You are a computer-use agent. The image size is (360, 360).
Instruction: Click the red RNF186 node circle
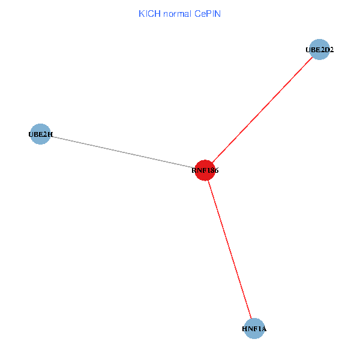point(205,170)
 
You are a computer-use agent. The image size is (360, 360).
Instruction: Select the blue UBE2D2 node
point(319,50)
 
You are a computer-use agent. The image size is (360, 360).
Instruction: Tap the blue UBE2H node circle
point(40,135)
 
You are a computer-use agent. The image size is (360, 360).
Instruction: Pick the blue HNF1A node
point(254,329)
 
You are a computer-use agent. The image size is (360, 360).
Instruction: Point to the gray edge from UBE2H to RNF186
point(120,152)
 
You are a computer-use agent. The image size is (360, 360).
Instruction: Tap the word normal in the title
point(177,13)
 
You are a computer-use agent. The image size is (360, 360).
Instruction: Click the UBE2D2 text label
point(319,50)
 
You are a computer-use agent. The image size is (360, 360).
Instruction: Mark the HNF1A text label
point(254,329)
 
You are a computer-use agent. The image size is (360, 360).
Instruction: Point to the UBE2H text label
point(40,135)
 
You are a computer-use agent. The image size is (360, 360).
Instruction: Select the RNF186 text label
point(205,171)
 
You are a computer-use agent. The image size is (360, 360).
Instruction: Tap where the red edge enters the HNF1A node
point(251,319)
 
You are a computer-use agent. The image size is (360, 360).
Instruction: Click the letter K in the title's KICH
point(142,13)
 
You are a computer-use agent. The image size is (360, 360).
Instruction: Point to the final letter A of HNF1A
point(264,329)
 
